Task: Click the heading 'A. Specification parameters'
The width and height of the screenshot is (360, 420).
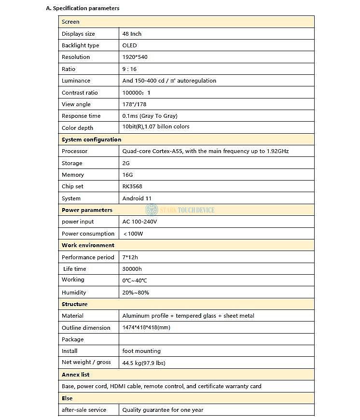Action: click(x=83, y=8)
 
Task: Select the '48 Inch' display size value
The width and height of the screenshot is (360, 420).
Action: click(x=132, y=34)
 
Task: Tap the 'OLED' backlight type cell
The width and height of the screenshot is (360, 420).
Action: click(x=129, y=45)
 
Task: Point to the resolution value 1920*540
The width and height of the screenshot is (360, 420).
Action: click(x=135, y=57)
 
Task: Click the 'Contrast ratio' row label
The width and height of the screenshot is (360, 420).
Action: click(x=80, y=93)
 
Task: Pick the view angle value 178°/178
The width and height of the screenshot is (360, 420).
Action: click(x=134, y=104)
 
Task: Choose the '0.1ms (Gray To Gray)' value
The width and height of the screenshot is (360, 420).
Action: click(x=150, y=116)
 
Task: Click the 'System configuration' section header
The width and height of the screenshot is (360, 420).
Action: click(x=91, y=140)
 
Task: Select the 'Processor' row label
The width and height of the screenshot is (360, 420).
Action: click(x=74, y=151)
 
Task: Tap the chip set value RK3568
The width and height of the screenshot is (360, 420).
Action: click(x=132, y=186)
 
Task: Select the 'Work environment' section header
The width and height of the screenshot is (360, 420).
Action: click(x=88, y=245)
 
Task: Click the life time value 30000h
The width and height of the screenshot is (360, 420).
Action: click(x=132, y=269)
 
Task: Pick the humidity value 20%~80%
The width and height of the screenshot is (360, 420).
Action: click(x=136, y=293)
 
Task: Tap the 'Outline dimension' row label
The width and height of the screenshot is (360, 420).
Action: click(x=86, y=328)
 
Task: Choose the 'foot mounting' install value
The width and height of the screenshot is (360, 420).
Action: click(x=141, y=351)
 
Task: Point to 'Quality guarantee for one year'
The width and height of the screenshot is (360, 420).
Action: click(x=163, y=410)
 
